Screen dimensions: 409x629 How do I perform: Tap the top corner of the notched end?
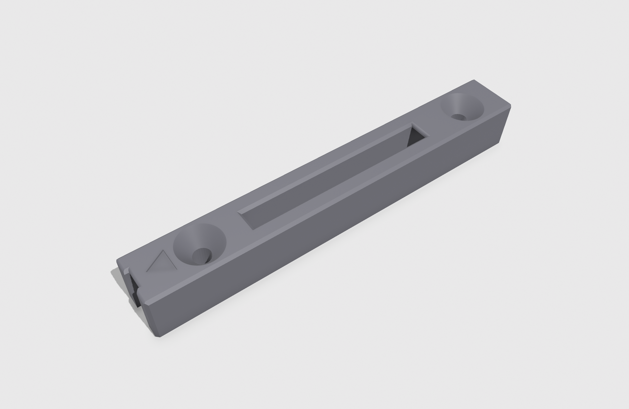(117, 260)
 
